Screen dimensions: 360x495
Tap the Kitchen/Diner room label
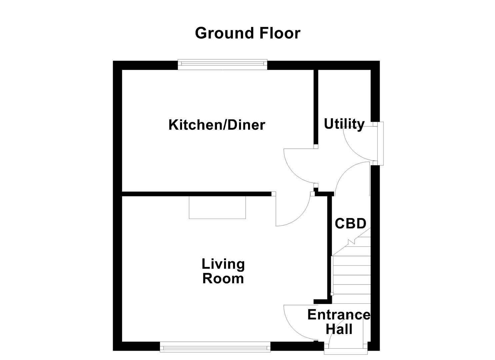(x=217, y=125)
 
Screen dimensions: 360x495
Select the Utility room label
(x=344, y=124)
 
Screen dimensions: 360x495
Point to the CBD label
(x=350, y=223)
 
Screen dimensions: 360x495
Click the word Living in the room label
(x=223, y=264)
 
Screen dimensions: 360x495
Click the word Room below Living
(x=223, y=279)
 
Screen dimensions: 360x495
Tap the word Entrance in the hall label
(x=338, y=315)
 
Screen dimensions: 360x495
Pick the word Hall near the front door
(x=339, y=329)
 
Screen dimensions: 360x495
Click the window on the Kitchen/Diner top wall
(x=222, y=64)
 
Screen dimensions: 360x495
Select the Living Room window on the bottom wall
(x=215, y=347)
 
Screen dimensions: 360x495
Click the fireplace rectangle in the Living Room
(x=217, y=207)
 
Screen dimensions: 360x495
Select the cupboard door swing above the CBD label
(x=350, y=177)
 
